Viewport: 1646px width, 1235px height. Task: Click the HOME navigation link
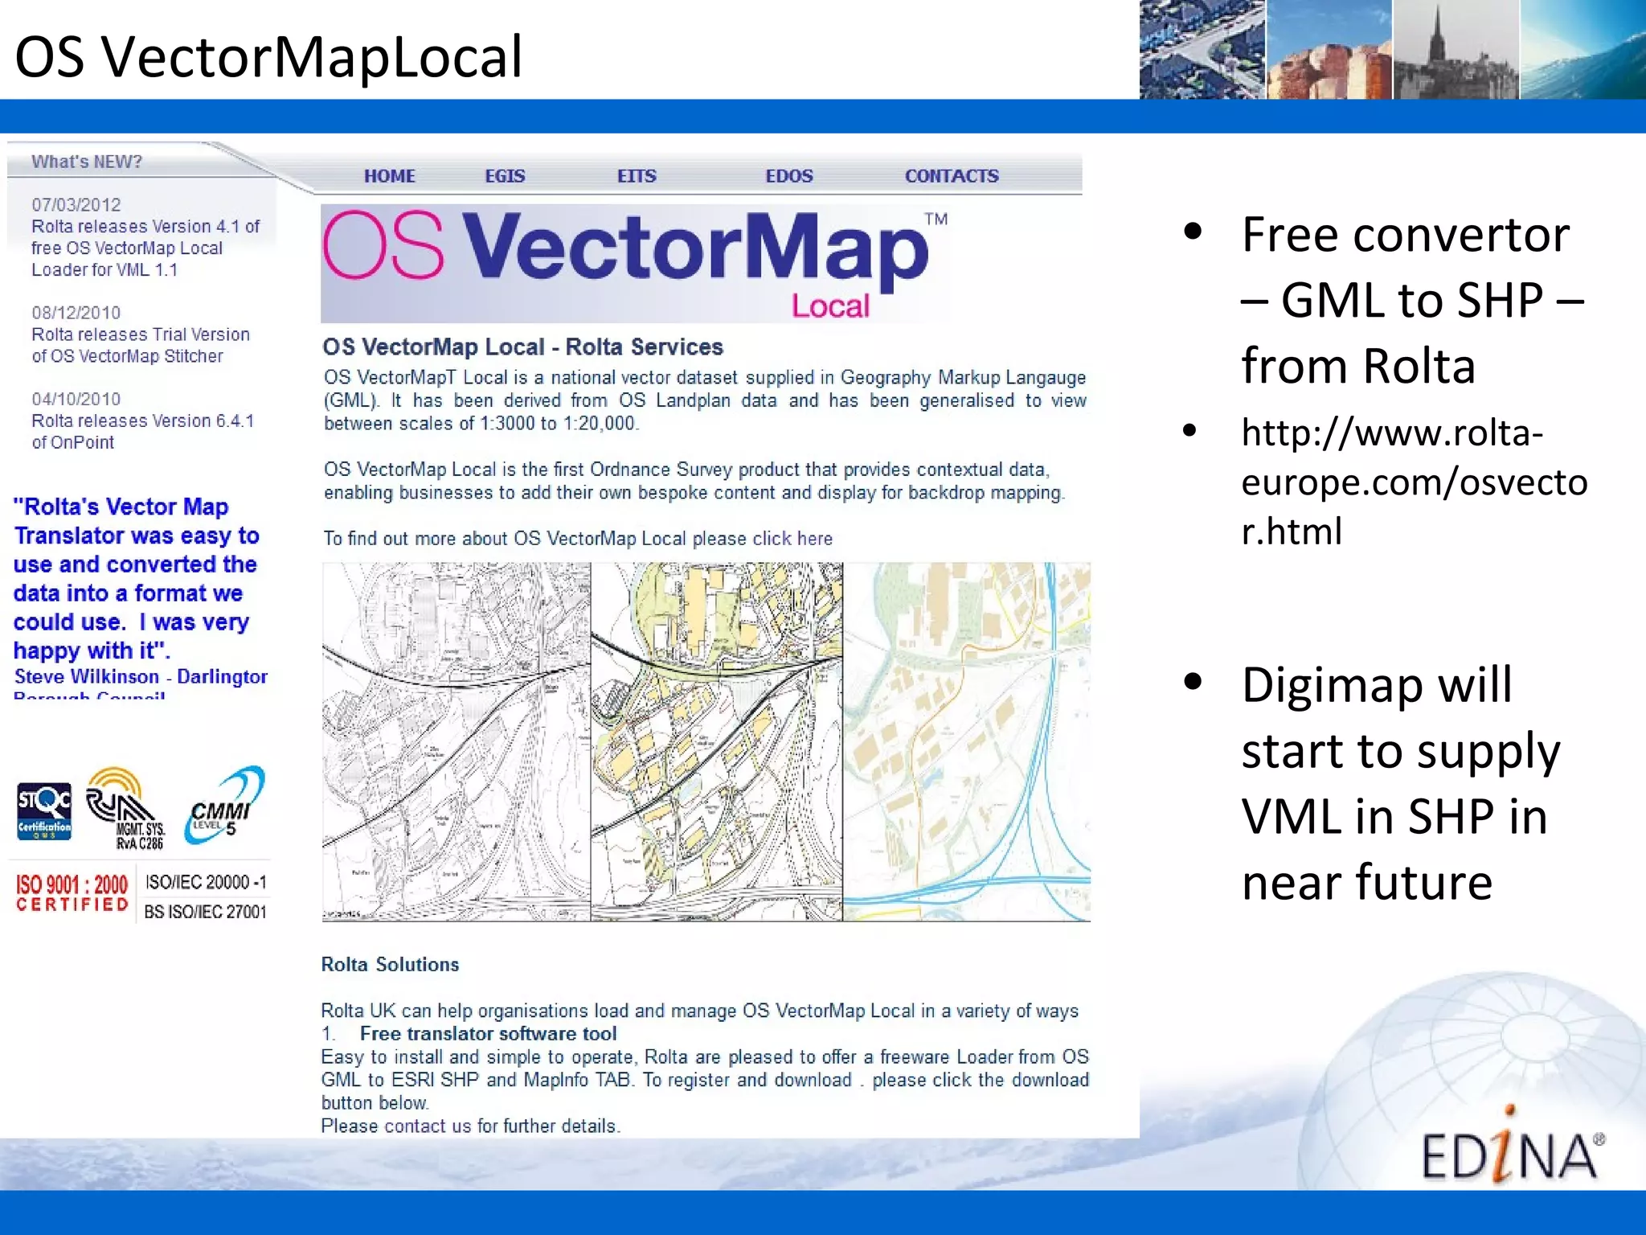[389, 176]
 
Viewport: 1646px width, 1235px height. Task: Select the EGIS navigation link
[505, 176]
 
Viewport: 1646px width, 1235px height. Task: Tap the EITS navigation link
[637, 176]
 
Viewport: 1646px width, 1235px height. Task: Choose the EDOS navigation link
[788, 176]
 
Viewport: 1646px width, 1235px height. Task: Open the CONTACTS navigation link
[952, 176]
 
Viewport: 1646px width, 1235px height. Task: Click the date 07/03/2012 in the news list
[76, 205]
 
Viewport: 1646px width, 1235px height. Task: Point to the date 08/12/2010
[76, 313]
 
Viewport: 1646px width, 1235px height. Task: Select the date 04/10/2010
[76, 400]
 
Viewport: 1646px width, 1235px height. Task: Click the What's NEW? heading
[87, 162]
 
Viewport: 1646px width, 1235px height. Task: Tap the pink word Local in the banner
[830, 306]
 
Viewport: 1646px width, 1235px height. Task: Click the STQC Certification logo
[44, 810]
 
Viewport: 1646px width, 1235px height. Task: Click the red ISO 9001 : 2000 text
[72, 886]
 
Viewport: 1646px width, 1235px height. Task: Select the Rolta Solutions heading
[390, 965]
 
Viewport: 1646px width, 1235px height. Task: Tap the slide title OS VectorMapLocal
[268, 56]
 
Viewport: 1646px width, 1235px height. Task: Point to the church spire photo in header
[1455, 50]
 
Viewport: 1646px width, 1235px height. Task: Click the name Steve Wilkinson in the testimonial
[87, 677]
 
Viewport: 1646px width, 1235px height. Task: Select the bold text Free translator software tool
[488, 1034]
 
